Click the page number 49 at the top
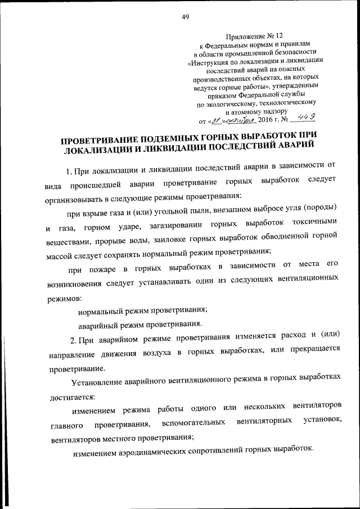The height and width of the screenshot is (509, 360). click(x=185, y=16)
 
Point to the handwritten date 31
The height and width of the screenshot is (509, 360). click(x=214, y=120)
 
